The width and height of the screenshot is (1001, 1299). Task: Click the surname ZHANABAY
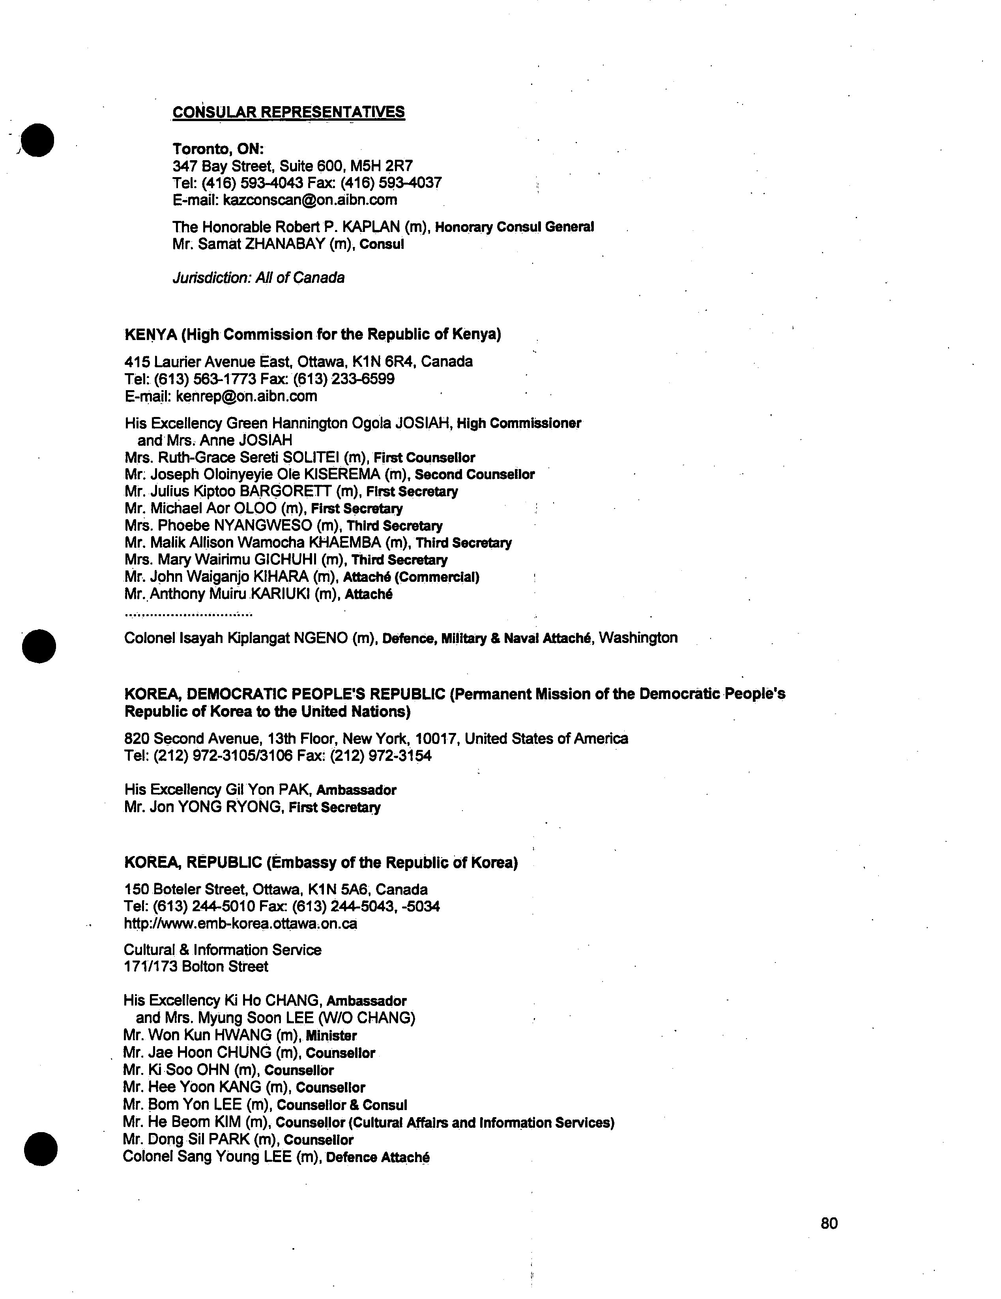click(x=285, y=244)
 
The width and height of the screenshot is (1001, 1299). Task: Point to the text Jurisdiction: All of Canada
click(x=258, y=278)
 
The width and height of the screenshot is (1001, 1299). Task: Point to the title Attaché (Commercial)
click(x=412, y=577)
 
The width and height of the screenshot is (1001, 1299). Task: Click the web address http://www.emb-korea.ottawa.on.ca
click(x=240, y=924)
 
